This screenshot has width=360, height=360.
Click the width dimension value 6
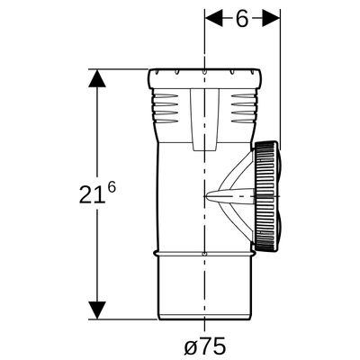[x=242, y=19]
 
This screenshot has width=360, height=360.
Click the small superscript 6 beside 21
[x=112, y=188]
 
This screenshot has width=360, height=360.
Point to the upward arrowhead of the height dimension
[x=97, y=78]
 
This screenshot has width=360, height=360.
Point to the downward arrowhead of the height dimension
[x=97, y=310]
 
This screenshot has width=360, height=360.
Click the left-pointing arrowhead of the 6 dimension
[x=213, y=18]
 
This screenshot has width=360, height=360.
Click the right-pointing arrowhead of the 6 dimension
[x=271, y=18]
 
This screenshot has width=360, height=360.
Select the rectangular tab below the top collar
[x=205, y=120]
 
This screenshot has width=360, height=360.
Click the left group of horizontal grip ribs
[x=166, y=108]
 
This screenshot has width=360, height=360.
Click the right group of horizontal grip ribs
[x=245, y=108]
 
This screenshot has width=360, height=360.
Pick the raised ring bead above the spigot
[x=204, y=254]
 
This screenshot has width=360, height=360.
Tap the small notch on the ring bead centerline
[x=204, y=254]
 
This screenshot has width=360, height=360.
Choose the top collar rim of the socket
[x=205, y=78]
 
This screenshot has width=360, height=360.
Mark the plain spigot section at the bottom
[x=204, y=289]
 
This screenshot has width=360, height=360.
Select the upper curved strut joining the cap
[x=237, y=170]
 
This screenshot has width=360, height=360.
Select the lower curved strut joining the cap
[x=237, y=222]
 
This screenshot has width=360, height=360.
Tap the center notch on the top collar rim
[x=204, y=72]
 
